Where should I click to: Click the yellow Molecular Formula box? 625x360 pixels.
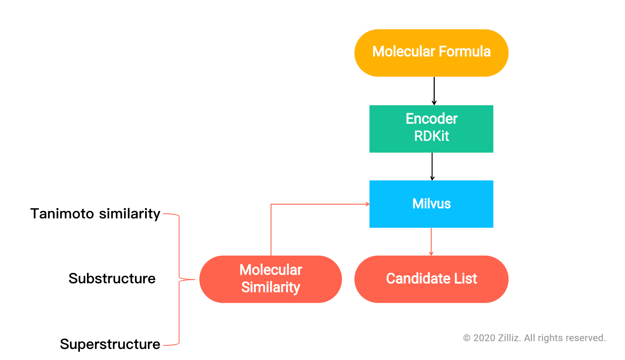(431, 53)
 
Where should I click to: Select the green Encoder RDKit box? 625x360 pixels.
(431, 129)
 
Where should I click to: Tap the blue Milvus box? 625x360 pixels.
(431, 204)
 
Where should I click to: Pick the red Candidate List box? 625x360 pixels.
(431, 279)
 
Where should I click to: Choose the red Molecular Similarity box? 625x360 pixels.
(271, 279)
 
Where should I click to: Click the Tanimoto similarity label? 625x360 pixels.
(95, 214)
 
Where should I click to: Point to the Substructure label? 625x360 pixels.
(112, 279)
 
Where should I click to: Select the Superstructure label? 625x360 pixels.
(110, 344)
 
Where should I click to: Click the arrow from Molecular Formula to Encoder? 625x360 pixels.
(434, 91)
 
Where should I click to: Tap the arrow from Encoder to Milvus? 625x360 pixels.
(432, 166)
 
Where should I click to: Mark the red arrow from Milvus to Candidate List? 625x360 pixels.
(431, 241)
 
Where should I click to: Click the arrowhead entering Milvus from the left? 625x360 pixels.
(367, 204)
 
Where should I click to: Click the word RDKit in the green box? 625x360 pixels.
(431, 136)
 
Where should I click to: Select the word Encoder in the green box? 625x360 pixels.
(431, 119)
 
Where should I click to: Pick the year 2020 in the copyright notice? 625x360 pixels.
(484, 338)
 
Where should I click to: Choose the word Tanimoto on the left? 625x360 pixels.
(62, 214)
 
